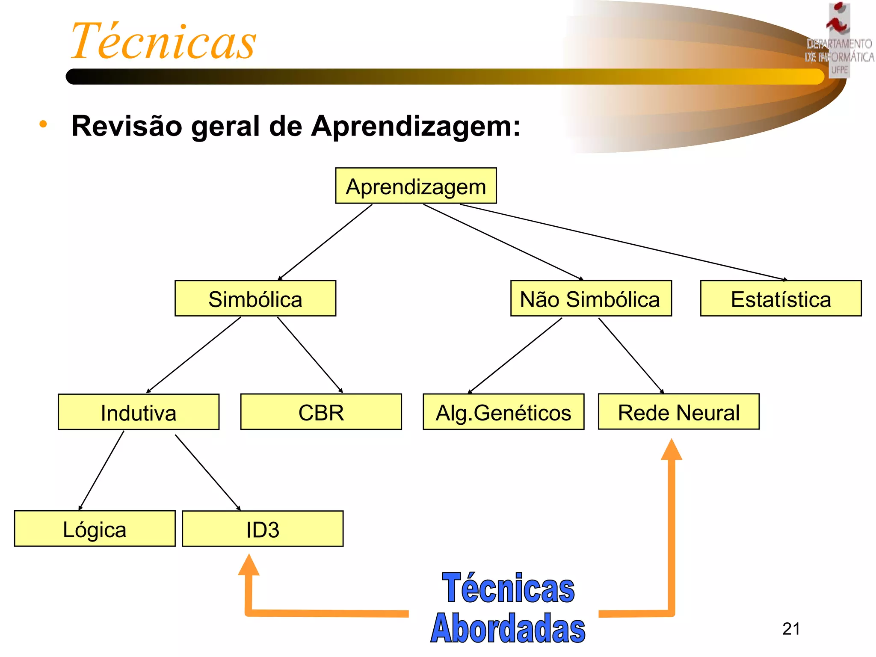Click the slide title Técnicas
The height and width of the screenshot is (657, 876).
[163, 41]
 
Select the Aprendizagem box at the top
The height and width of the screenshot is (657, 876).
[416, 186]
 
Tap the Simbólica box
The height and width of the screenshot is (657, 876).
[255, 299]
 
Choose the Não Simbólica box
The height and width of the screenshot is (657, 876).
[591, 299]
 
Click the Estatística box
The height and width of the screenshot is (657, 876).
[781, 299]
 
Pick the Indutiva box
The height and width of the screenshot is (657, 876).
[139, 412]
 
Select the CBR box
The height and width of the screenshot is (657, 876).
[321, 412]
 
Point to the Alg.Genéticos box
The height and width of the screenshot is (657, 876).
[503, 412]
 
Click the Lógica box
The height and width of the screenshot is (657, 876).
[95, 529]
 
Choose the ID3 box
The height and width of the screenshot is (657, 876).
[263, 529]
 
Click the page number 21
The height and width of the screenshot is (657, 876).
[791, 629]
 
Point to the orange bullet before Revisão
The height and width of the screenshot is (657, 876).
[43, 124]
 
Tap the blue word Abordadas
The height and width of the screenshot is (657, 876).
[508, 628]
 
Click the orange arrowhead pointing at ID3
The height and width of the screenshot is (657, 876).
[249, 565]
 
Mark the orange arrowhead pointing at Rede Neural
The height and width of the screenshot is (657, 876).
[672, 450]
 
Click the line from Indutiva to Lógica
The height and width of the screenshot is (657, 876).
[101, 471]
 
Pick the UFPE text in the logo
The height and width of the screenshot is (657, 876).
[839, 70]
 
